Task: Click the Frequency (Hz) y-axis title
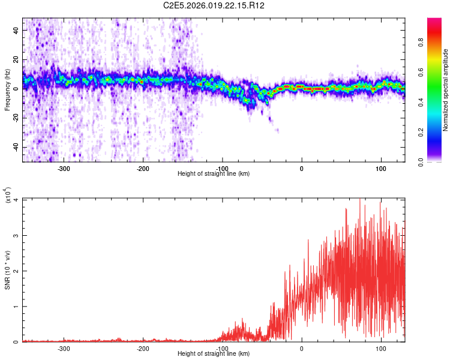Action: click(7, 90)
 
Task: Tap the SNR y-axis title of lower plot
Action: click(7, 269)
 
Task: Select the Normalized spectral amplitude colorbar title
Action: click(446, 91)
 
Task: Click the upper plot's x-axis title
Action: click(214, 173)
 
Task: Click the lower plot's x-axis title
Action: click(214, 353)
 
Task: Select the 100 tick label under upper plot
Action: click(380, 168)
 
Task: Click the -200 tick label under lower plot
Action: click(143, 348)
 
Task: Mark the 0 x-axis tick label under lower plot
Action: click(301, 348)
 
